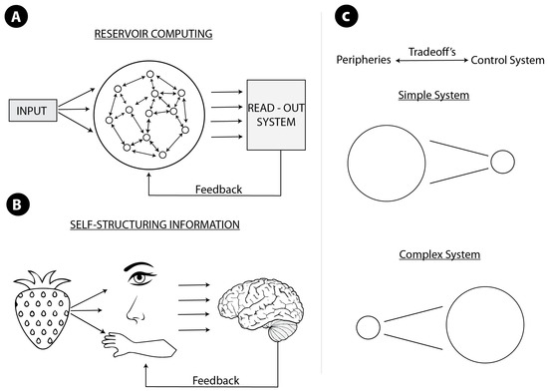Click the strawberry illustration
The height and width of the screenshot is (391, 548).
click(40, 309)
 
